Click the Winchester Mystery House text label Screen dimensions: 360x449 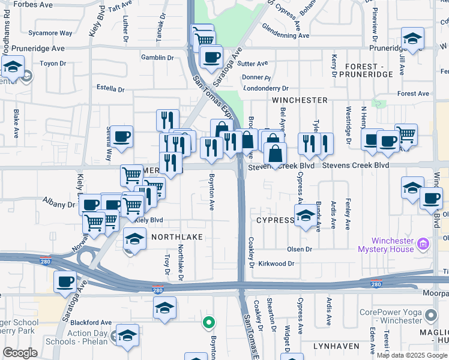385,245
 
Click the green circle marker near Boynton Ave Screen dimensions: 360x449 208,323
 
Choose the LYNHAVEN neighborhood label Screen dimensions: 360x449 336,346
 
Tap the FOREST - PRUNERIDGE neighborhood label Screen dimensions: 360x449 365,70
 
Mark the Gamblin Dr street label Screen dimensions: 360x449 157,58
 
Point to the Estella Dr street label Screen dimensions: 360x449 110,89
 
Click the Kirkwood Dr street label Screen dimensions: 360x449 276,263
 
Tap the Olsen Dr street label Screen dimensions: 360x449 300,249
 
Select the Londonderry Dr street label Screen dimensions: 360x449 266,88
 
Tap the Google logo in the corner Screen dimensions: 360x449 20,353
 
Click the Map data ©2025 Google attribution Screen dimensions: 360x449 411,355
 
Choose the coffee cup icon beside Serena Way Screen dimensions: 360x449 121,136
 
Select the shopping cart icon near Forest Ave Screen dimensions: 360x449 406,134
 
